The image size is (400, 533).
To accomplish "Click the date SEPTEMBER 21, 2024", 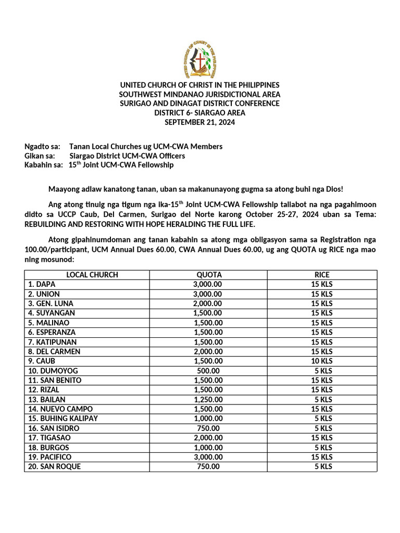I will pyautogui.click(x=200, y=122).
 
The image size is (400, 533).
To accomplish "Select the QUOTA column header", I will pyautogui.click(x=208, y=275).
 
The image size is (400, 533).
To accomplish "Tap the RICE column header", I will pyautogui.click(x=322, y=275).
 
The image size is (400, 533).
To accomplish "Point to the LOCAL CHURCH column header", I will pyautogui.click(x=92, y=275).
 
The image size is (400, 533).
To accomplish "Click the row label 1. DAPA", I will pyautogui.click(x=42, y=284).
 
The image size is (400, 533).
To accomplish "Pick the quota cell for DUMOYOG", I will pyautogui.click(x=208, y=371).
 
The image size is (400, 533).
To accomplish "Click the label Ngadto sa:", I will pyautogui.click(x=43, y=146).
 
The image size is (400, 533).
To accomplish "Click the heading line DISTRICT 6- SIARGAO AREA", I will pyautogui.click(x=200, y=112).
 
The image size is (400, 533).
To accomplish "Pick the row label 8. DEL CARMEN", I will pyautogui.click(x=54, y=351).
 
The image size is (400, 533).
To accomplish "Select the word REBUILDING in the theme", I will pyautogui.click(x=47, y=224).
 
